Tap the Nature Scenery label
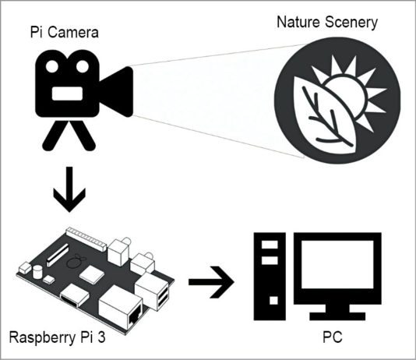327,21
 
